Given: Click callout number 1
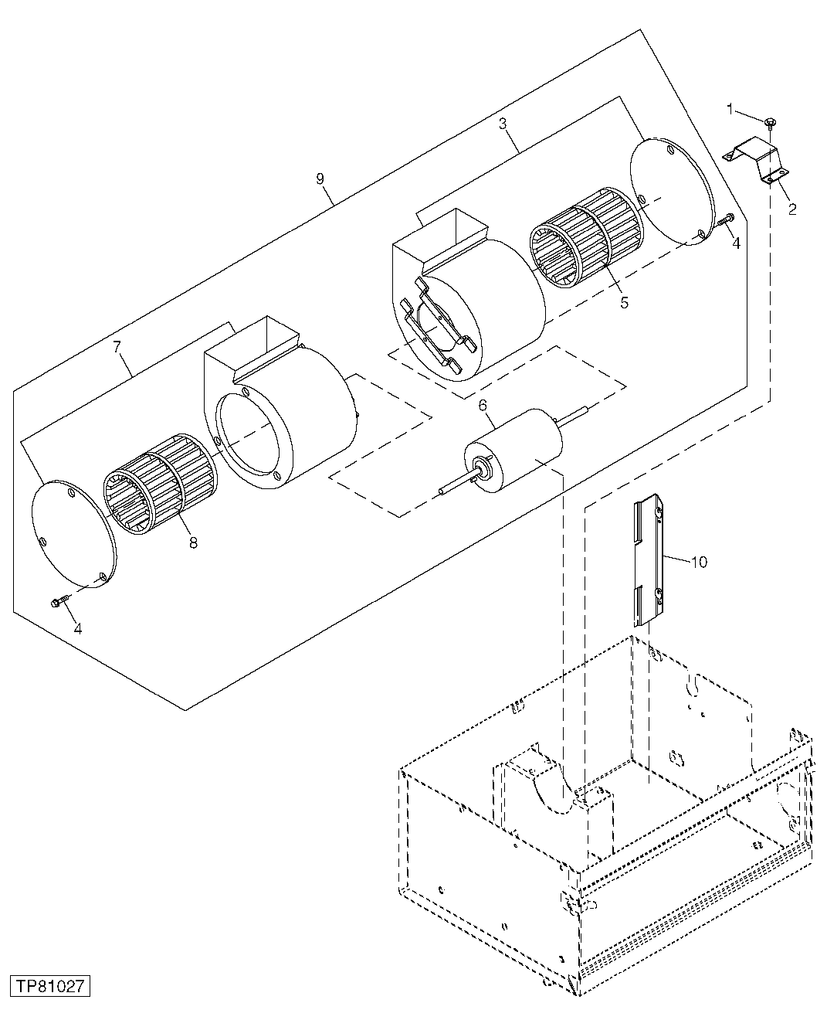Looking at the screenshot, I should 730,109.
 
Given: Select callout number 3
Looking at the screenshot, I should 502,123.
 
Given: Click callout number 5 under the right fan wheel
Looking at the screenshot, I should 624,302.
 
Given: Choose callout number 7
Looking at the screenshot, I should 117,347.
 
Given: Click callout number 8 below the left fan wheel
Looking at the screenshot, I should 192,542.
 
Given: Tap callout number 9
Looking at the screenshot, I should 320,179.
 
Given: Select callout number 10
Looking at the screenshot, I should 698,562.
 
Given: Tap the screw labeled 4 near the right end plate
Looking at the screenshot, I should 726,220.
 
